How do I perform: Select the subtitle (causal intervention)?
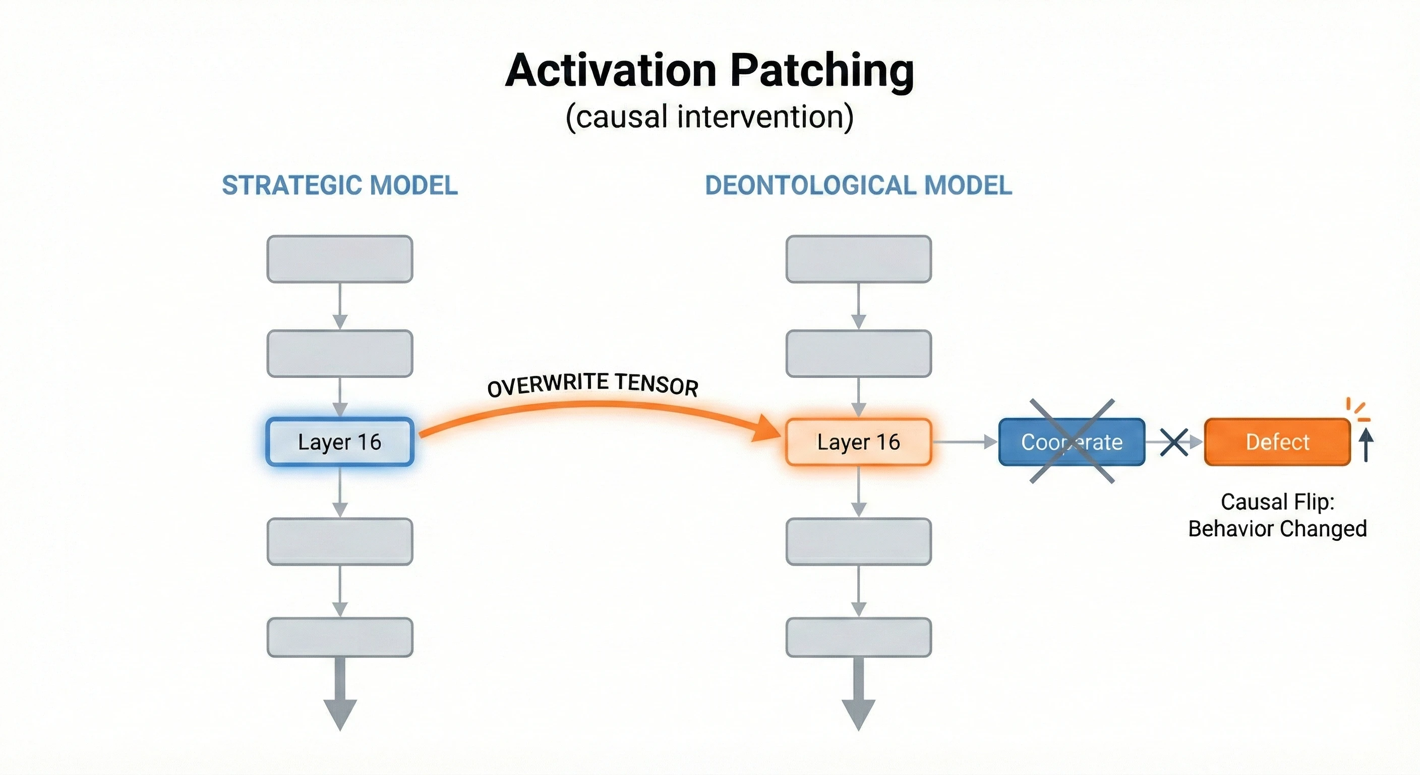pyautogui.click(x=709, y=117)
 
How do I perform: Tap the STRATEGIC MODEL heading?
pyautogui.click(x=339, y=185)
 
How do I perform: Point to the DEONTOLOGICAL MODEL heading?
pyautogui.click(x=858, y=185)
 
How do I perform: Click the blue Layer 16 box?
pyautogui.click(x=339, y=442)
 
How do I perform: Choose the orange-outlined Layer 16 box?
pyautogui.click(x=858, y=442)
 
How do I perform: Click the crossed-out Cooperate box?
pyautogui.click(x=1072, y=442)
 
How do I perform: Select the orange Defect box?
pyautogui.click(x=1277, y=442)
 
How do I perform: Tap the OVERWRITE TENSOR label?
pyautogui.click(x=593, y=384)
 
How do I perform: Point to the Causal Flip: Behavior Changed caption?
pyautogui.click(x=1277, y=515)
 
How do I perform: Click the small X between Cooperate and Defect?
pyautogui.click(x=1173, y=442)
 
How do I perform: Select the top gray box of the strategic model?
pyautogui.click(x=339, y=259)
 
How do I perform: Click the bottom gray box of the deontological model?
pyautogui.click(x=858, y=637)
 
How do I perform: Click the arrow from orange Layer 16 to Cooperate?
pyautogui.click(x=965, y=442)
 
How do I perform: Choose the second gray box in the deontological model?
pyautogui.click(x=858, y=354)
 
